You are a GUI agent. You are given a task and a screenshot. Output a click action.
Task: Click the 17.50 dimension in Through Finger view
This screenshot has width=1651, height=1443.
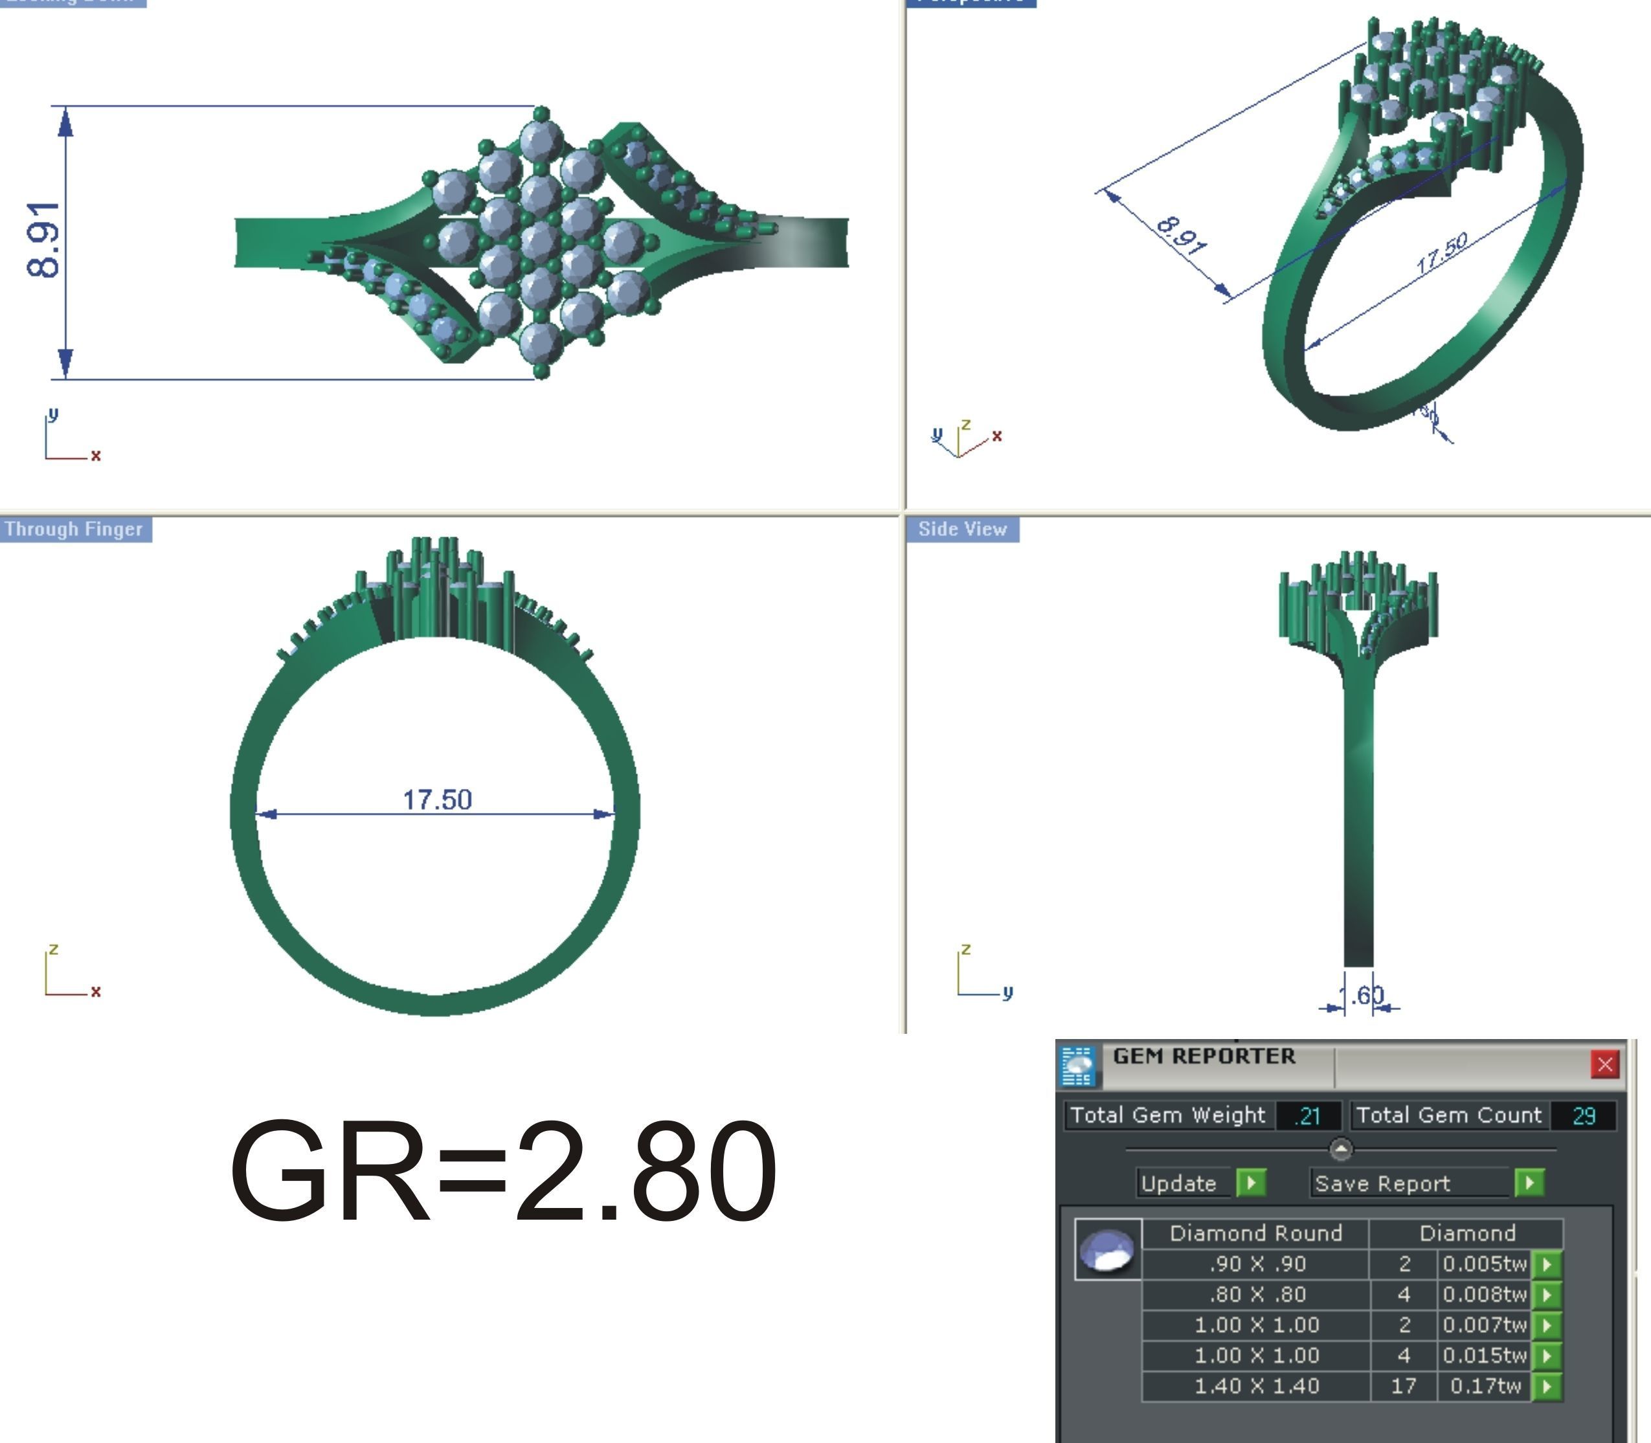(436, 800)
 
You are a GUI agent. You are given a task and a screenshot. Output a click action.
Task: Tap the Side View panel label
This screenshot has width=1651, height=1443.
(962, 529)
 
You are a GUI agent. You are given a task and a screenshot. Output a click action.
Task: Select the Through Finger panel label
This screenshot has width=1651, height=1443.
(74, 529)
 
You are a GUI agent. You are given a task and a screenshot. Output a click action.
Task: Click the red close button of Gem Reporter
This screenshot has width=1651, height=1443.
(1604, 1064)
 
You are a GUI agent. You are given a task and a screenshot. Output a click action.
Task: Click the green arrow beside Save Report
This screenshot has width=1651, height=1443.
(1529, 1183)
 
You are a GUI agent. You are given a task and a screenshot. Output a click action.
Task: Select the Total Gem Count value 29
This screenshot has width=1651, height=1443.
(1584, 1116)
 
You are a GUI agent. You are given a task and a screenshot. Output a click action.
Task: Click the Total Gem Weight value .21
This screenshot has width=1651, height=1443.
(1307, 1116)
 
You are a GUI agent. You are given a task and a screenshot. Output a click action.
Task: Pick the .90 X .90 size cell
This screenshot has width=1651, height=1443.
(1256, 1264)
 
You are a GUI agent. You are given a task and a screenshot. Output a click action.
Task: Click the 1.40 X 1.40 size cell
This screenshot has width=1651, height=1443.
(1256, 1386)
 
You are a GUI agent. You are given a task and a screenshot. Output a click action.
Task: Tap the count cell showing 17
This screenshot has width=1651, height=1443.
(1403, 1386)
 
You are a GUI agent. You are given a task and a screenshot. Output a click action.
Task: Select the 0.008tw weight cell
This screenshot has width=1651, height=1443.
(1485, 1294)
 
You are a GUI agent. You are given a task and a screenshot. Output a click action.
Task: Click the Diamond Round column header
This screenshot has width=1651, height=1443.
(1255, 1233)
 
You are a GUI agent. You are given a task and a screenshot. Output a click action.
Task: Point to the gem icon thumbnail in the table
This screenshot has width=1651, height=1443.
(1108, 1249)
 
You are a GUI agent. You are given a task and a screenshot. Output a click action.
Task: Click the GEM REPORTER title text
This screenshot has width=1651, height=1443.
(1204, 1057)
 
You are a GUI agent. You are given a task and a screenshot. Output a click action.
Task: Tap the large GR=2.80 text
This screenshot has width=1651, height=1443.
(503, 1172)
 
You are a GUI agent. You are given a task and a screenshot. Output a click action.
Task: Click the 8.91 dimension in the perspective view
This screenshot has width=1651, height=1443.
(1181, 236)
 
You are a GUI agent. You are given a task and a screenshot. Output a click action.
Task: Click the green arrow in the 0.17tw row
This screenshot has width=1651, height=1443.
(1545, 1386)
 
